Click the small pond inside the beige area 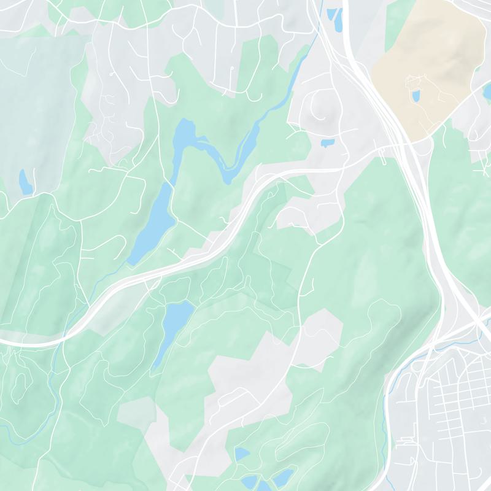(416, 96)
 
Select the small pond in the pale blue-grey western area (25, 182)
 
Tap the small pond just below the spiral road (327, 144)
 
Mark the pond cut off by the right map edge (487, 92)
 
